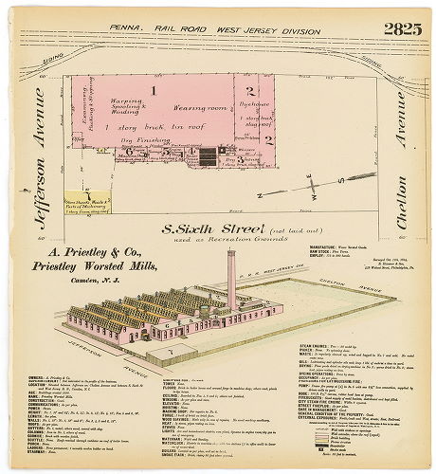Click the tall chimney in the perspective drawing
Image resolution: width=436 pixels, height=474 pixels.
pos(230,279)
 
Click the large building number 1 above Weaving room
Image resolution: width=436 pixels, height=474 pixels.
pos(152,91)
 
